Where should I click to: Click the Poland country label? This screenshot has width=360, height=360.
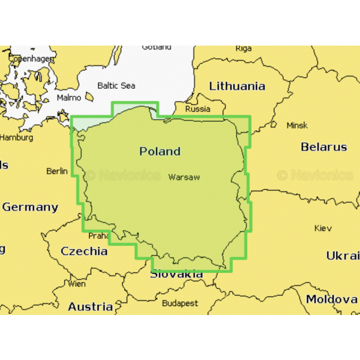tap(160, 151)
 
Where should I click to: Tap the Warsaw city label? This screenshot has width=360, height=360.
tap(184, 177)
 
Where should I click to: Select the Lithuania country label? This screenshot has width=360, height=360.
tap(237, 86)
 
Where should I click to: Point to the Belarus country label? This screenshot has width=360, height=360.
tap(323, 147)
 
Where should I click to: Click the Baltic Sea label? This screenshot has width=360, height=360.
tap(116, 86)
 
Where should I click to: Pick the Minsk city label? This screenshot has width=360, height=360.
tap(297, 125)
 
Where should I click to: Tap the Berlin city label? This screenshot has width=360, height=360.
tap(57, 171)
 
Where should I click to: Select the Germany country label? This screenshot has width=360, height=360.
tap(30, 207)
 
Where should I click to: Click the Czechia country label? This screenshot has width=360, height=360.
tap(84, 251)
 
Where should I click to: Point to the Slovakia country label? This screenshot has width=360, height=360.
tap(176, 274)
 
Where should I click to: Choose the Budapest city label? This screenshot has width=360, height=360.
tap(179, 303)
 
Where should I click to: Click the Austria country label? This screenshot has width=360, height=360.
tap(90, 307)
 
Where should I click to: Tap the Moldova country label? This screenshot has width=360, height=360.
tap(331, 299)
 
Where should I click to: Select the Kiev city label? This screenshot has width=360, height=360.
tap(323, 228)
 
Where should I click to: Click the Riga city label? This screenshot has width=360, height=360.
tap(244, 49)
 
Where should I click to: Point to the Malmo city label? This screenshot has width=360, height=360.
tap(68, 97)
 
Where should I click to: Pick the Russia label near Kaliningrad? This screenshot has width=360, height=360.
tap(197, 109)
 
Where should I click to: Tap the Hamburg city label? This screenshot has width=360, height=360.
tap(16, 137)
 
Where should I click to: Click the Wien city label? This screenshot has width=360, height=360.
tap(77, 284)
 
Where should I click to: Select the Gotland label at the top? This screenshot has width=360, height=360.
tap(156, 47)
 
